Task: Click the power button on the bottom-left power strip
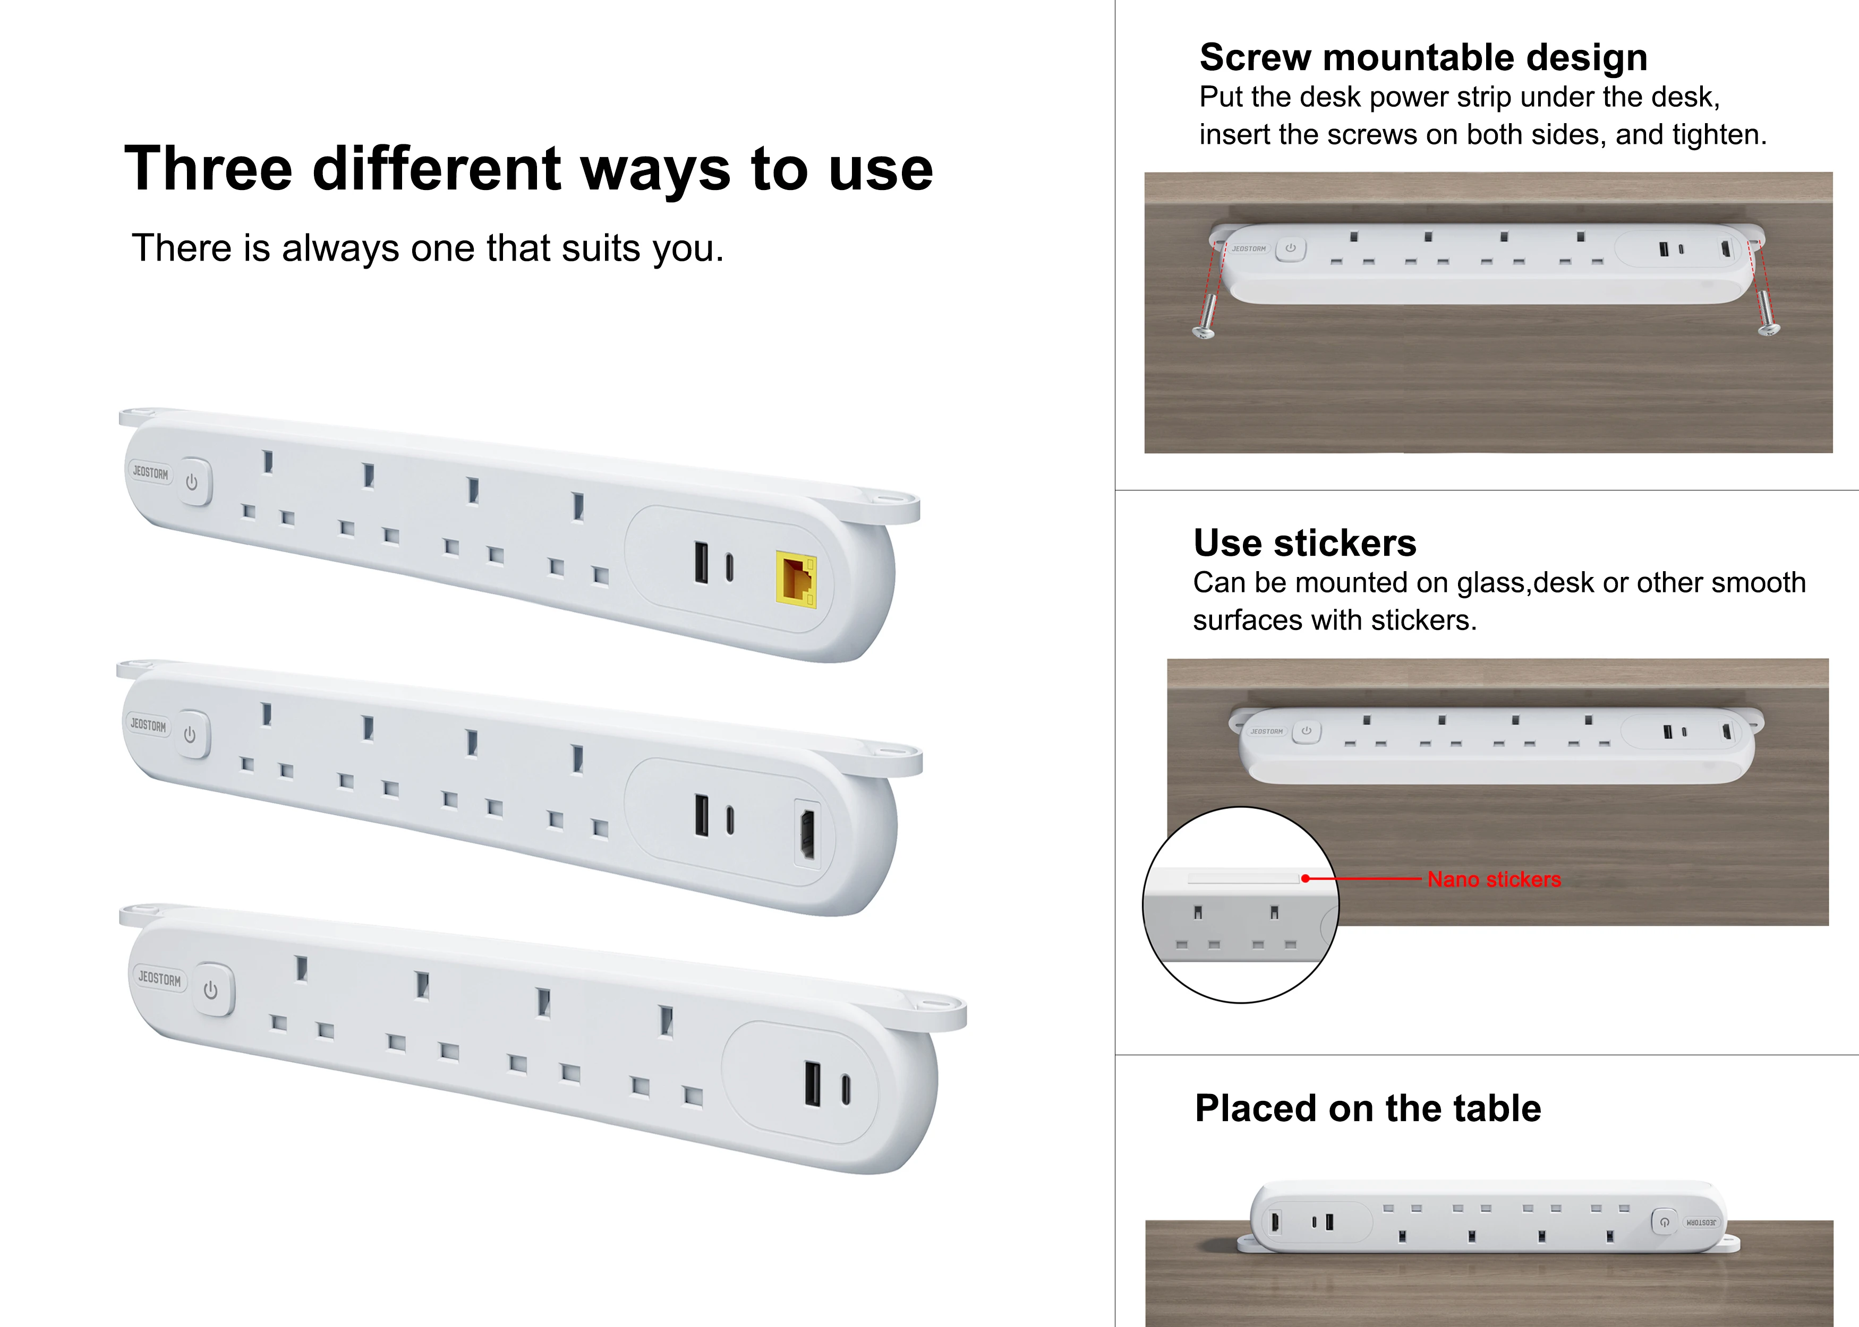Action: pos(211,990)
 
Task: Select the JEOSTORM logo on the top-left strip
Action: pos(150,472)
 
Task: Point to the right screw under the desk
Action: pos(1766,318)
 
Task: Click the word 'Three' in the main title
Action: pos(208,169)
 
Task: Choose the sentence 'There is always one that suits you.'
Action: pos(428,248)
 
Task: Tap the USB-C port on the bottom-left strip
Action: pos(846,1090)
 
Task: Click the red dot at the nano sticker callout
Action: pos(1306,878)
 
